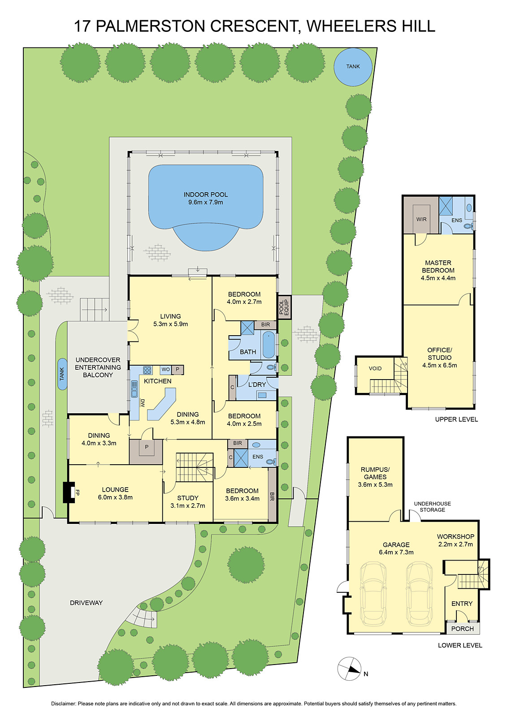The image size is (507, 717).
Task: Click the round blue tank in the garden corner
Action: click(x=353, y=66)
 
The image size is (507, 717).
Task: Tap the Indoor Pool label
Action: click(x=206, y=198)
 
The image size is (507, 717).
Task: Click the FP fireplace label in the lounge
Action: click(x=77, y=492)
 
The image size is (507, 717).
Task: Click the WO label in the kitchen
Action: click(x=165, y=370)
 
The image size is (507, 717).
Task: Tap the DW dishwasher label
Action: click(x=143, y=402)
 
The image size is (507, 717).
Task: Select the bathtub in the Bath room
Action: click(x=269, y=344)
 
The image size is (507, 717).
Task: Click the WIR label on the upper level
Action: click(x=421, y=219)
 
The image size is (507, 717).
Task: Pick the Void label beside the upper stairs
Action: click(x=375, y=368)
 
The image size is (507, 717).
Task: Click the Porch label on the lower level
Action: click(x=463, y=628)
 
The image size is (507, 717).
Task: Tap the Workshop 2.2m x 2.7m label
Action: click(x=455, y=540)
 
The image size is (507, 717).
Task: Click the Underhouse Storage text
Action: click(x=432, y=506)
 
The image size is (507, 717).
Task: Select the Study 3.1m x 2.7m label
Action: click(x=188, y=501)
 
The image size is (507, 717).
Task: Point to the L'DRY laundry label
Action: click(x=257, y=384)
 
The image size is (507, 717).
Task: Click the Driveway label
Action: click(x=86, y=603)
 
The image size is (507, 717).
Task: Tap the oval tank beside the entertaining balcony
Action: click(x=62, y=374)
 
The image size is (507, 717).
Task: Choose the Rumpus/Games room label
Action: click(x=375, y=477)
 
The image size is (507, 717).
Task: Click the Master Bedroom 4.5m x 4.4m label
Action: click(x=438, y=270)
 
